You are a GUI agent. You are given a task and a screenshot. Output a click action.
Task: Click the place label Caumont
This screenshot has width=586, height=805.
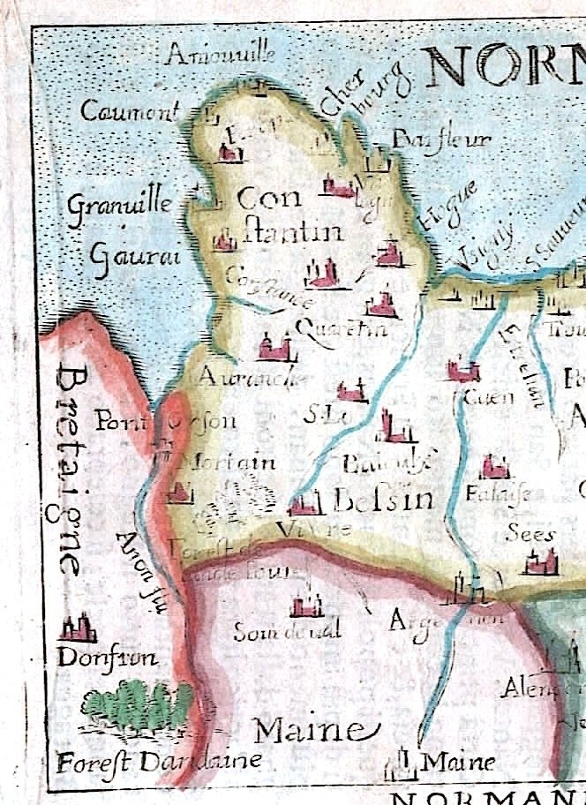[x=129, y=111]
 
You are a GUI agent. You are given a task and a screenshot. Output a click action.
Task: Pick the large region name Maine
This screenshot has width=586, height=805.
[x=308, y=730]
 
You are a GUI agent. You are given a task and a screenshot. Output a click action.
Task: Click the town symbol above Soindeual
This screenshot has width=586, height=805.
[x=306, y=606]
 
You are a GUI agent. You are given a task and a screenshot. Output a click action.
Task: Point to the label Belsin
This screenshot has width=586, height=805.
[x=384, y=500]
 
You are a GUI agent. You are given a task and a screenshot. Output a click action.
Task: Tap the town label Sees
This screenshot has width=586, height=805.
[x=530, y=533]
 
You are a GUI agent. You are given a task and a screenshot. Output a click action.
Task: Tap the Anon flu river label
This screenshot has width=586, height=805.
[x=141, y=565]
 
